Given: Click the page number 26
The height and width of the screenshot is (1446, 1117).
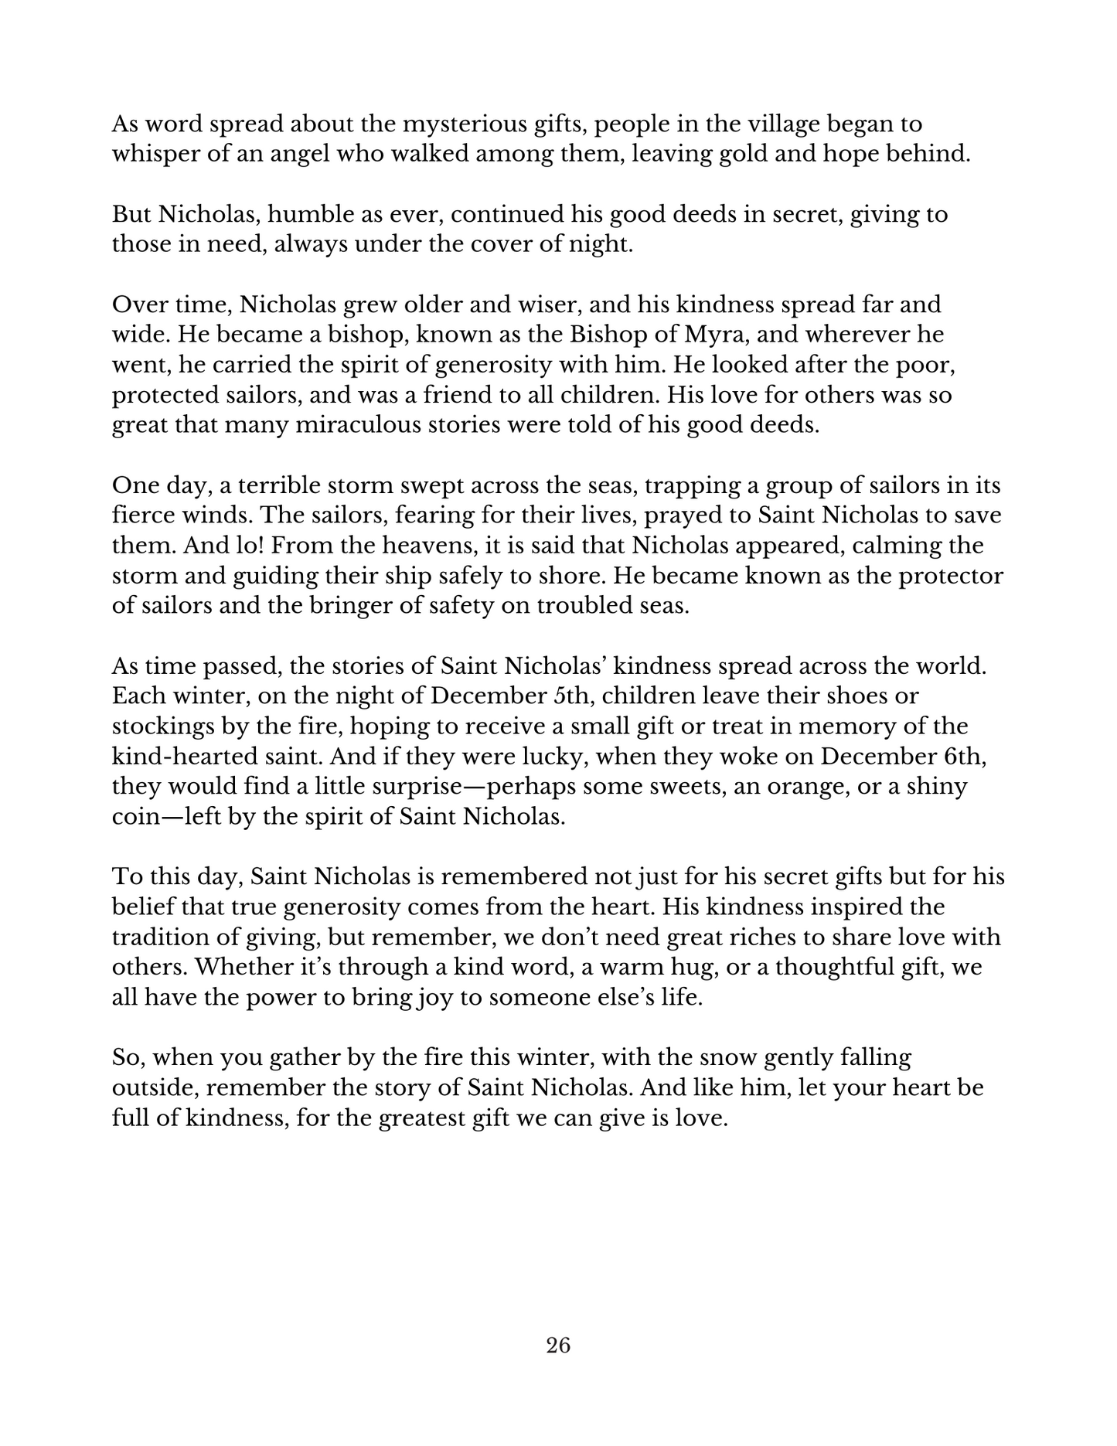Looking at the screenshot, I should pyautogui.click(x=558, y=1346).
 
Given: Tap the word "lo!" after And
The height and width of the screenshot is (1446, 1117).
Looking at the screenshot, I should pyautogui.click(x=249, y=546).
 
